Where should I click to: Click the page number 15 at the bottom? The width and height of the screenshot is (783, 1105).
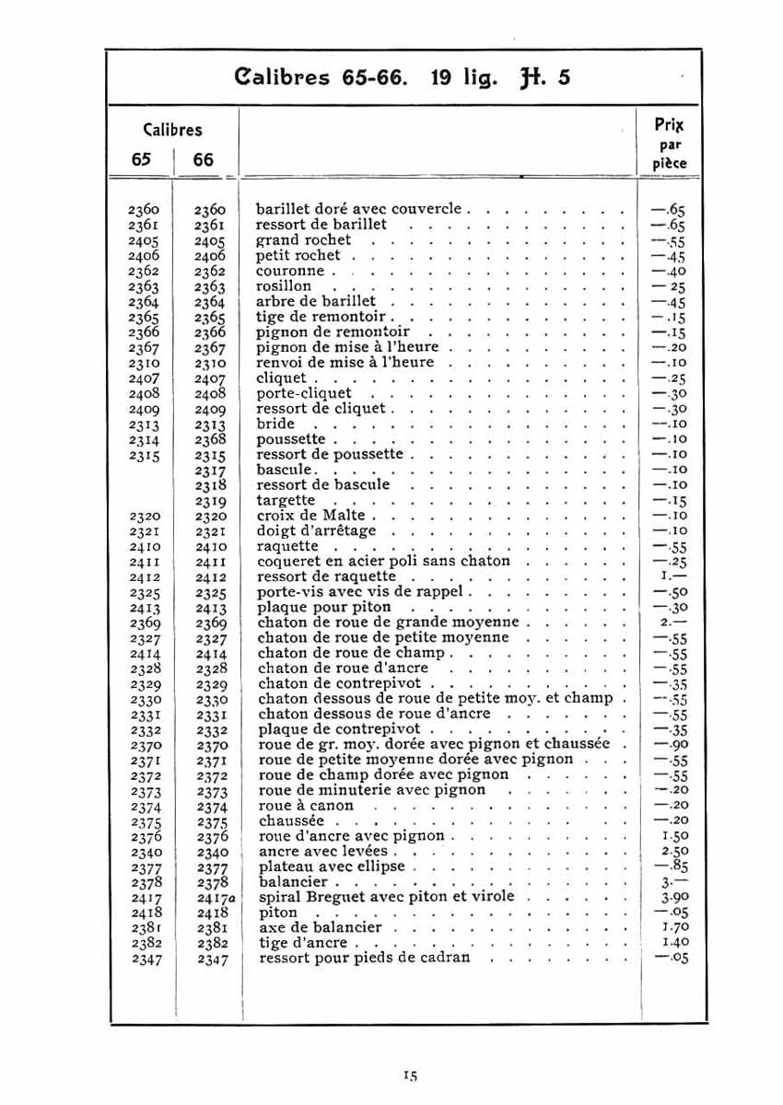[x=411, y=1075]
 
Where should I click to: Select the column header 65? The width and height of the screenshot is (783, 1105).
[x=141, y=159]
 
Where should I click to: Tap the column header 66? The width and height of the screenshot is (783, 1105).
[x=204, y=159]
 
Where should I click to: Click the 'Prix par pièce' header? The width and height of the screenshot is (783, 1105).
[x=670, y=144]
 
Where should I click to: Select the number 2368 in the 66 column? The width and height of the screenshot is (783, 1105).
[x=210, y=439]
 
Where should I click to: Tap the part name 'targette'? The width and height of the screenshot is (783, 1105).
[x=286, y=500]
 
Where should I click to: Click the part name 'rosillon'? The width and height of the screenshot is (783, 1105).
[x=284, y=286]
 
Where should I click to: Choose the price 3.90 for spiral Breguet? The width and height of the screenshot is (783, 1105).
[x=675, y=897]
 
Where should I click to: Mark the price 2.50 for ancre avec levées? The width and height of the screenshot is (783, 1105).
[x=675, y=851]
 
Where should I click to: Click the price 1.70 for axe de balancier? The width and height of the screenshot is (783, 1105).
[x=675, y=927]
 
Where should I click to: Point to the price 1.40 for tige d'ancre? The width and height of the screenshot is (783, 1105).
[x=675, y=942]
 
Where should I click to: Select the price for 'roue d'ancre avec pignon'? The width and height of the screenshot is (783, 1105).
[x=675, y=836]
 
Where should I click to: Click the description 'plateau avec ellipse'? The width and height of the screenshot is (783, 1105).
[x=332, y=867]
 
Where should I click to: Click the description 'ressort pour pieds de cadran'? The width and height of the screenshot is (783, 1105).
[x=365, y=958]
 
